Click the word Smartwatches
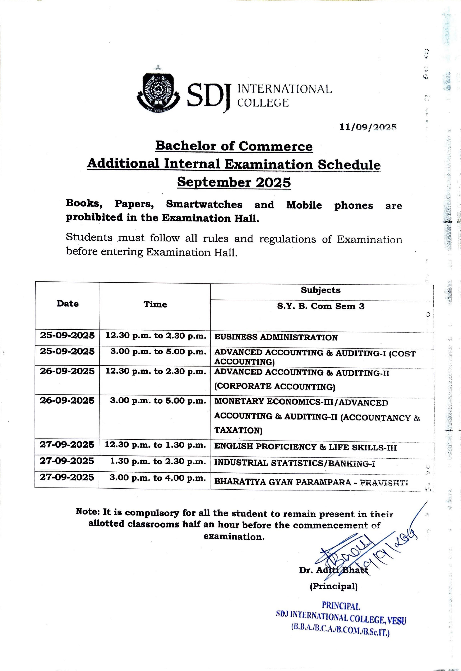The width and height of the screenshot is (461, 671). coord(204,204)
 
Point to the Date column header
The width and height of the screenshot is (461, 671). coord(68,303)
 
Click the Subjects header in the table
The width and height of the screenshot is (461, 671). coord(321,290)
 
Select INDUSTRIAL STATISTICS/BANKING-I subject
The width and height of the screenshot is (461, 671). coord(294,463)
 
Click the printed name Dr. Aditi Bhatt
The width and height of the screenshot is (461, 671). coord(334,570)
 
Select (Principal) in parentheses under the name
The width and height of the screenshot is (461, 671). coord(334,586)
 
